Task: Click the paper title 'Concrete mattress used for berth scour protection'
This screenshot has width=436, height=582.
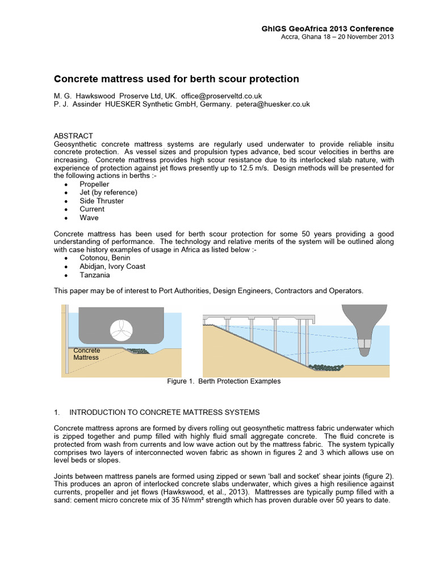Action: [176, 78]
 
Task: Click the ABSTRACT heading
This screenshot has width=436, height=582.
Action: [73, 136]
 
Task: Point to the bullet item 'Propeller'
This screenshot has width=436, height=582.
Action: [94, 184]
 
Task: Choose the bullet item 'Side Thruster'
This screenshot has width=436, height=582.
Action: [102, 201]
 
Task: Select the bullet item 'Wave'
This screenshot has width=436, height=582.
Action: [89, 217]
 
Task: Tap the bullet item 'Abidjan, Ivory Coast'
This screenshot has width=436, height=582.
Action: [112, 266]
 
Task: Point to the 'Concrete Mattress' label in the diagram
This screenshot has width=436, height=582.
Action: [86, 354]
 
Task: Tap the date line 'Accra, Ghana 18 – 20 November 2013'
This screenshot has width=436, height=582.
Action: [337, 37]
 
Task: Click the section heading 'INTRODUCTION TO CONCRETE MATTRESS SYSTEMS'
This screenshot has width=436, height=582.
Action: [164, 412]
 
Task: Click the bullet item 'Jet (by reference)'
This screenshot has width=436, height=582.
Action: [108, 192]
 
